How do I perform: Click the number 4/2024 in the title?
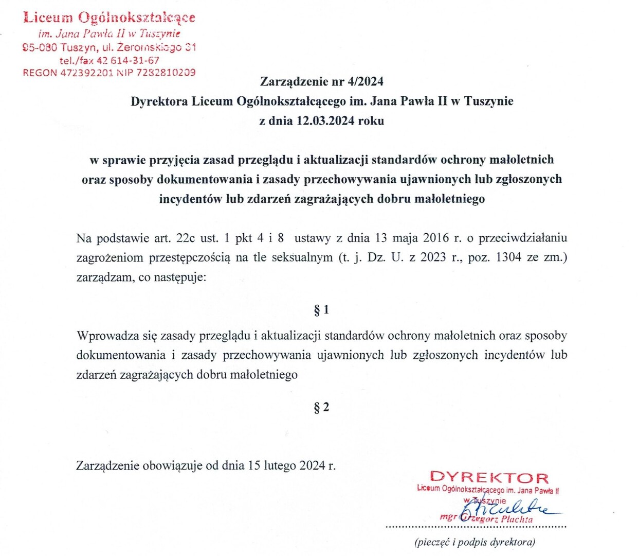click(366, 81)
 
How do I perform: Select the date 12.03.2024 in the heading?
click(325, 121)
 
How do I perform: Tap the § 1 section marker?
click(321, 310)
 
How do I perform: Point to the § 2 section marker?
click(321, 408)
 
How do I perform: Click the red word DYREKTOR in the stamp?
click(489, 478)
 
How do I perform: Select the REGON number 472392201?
click(86, 73)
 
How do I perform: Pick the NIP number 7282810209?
click(166, 73)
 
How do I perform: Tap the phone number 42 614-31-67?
click(127, 60)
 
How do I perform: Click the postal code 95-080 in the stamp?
click(40, 47)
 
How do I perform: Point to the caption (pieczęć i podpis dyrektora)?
click(475, 542)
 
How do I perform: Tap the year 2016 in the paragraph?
click(435, 238)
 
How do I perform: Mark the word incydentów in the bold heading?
click(191, 199)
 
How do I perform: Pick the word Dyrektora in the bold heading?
click(159, 101)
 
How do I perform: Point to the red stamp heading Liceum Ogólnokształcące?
click(109, 18)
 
